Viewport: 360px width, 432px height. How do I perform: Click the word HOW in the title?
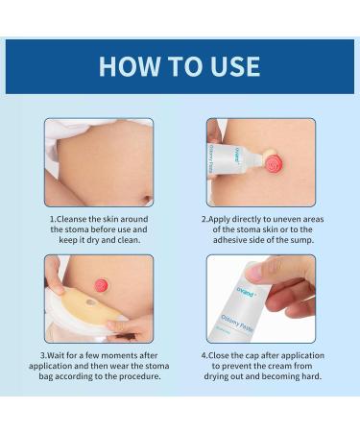coord(130,66)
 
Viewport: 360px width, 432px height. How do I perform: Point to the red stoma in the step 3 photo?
coord(102,284)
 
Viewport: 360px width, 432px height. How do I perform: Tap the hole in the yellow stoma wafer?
coord(90,302)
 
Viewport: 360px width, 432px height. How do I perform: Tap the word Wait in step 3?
coord(56,355)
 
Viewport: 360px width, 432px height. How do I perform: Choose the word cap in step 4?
coord(252,355)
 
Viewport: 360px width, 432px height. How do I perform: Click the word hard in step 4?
coord(311,376)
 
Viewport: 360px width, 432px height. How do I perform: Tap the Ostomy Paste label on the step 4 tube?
coord(237,323)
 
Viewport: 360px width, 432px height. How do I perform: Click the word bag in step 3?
coord(46,376)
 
